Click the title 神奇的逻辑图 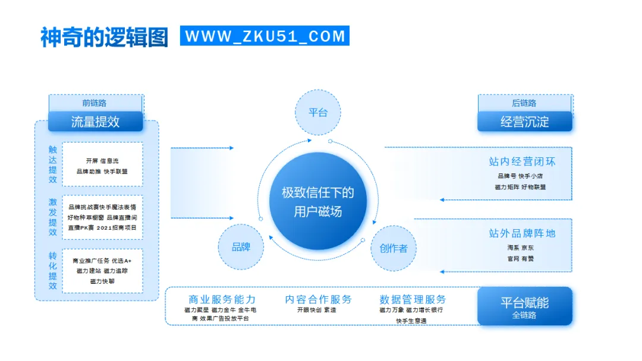(x=105, y=36)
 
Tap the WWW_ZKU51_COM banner (x=265, y=36)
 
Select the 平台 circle (x=318, y=113)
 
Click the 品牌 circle (x=241, y=247)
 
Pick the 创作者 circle (x=394, y=248)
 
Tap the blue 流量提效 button (x=96, y=122)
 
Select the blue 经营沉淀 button (x=525, y=122)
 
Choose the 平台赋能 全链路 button (x=524, y=306)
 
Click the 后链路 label (x=524, y=103)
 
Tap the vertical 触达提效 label (x=53, y=164)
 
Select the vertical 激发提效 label (x=53, y=217)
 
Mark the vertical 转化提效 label (x=53, y=271)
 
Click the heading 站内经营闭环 (x=522, y=161)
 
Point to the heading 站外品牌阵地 (x=522, y=233)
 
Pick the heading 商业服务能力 (x=222, y=299)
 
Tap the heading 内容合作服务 (x=318, y=299)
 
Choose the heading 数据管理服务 (x=413, y=299)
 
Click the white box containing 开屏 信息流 (x=102, y=164)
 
